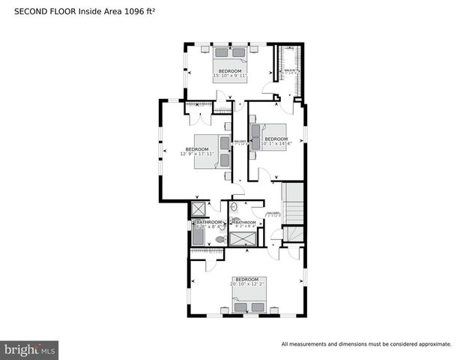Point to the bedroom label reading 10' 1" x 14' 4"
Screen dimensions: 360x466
tap(276, 141)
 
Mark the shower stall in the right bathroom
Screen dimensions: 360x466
tap(242, 239)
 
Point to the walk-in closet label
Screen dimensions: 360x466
tap(289, 72)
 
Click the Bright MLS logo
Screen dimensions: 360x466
tap(30, 349)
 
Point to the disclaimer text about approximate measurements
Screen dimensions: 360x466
tap(366, 344)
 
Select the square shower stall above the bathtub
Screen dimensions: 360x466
tap(199, 210)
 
